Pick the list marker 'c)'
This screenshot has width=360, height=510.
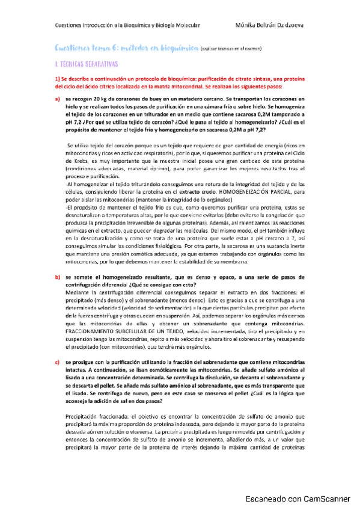[x=58, y=361]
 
